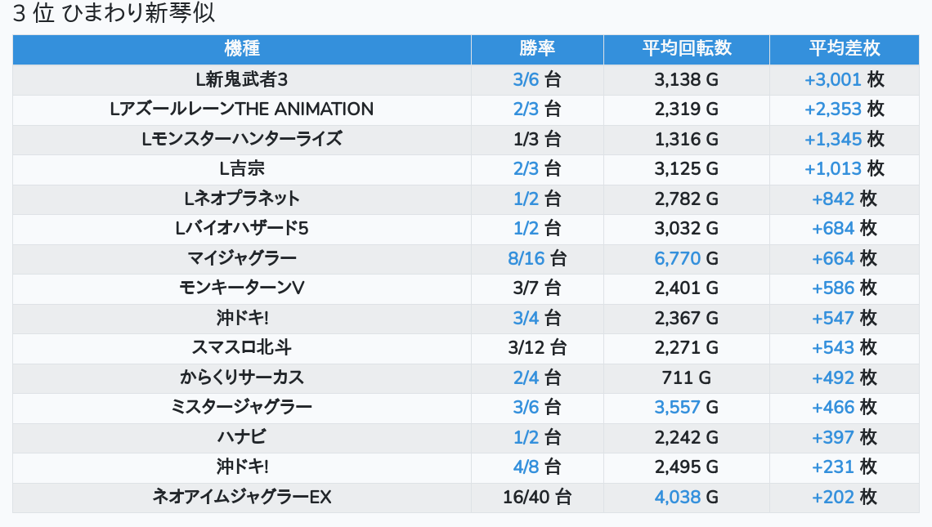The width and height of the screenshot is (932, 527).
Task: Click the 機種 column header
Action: [x=241, y=49]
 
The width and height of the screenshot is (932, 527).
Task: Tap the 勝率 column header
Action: [x=537, y=49]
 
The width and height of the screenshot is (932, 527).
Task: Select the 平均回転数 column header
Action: [x=686, y=49]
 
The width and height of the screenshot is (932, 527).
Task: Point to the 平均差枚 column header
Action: [x=844, y=49]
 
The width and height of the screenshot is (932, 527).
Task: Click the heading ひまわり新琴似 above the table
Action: [x=114, y=14]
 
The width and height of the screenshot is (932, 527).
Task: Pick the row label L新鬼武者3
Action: [x=241, y=79]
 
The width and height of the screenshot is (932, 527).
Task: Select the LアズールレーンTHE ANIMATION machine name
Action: [x=241, y=109]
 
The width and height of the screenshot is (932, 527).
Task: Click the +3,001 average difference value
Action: [x=833, y=79]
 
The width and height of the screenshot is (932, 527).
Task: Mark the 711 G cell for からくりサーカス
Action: [x=686, y=377]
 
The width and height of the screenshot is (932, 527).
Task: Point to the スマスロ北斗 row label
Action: [x=241, y=347]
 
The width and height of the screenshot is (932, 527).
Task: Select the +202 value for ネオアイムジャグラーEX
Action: [x=833, y=497]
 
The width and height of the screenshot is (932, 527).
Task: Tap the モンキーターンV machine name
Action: [x=241, y=288]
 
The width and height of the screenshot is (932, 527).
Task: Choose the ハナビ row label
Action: [x=241, y=437]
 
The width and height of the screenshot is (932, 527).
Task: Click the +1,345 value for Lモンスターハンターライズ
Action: [x=833, y=139]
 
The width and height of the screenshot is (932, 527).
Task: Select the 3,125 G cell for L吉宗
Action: [x=686, y=168]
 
